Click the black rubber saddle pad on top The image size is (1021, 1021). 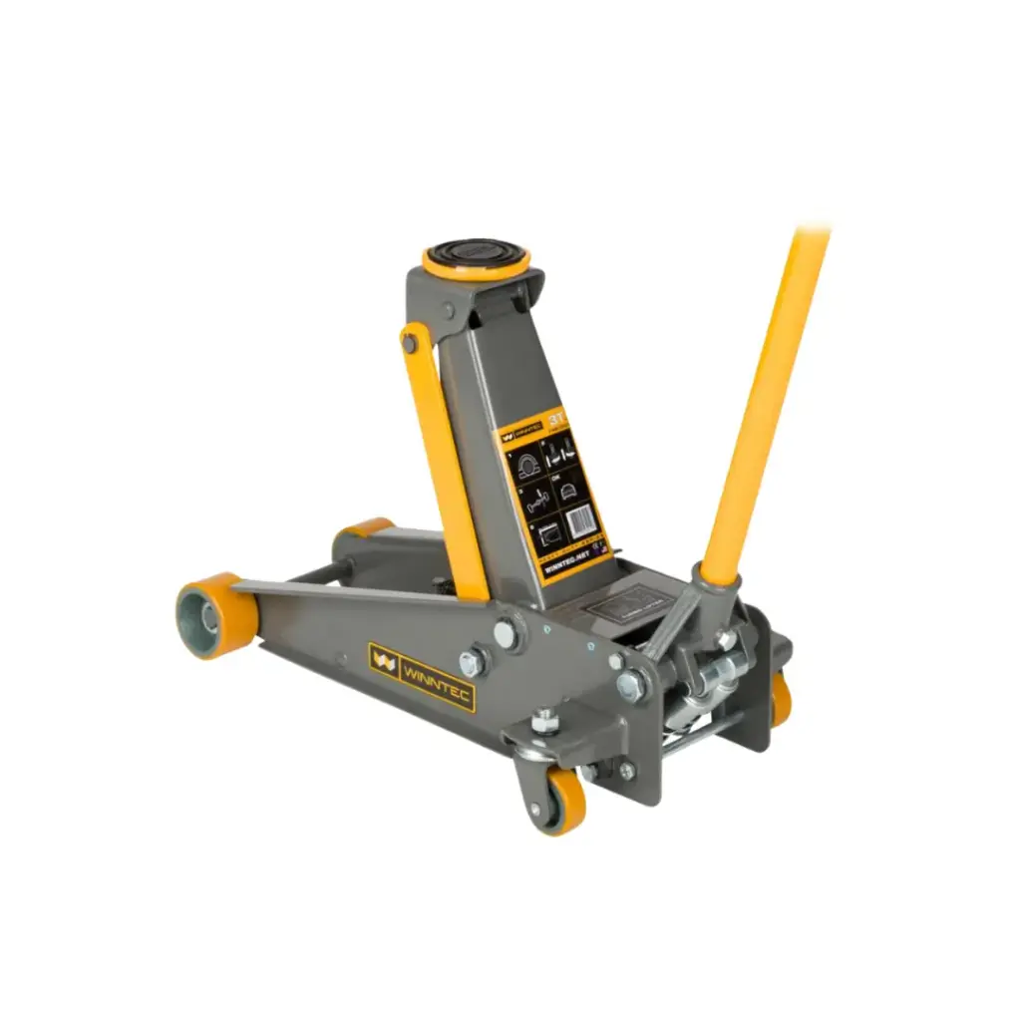(x=475, y=255)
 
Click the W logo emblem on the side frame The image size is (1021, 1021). (x=384, y=659)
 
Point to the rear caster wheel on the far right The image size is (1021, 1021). (x=780, y=698)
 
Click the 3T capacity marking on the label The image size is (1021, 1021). (x=556, y=420)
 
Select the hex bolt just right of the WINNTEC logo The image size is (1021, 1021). (x=471, y=661)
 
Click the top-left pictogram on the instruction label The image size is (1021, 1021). (x=524, y=461)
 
